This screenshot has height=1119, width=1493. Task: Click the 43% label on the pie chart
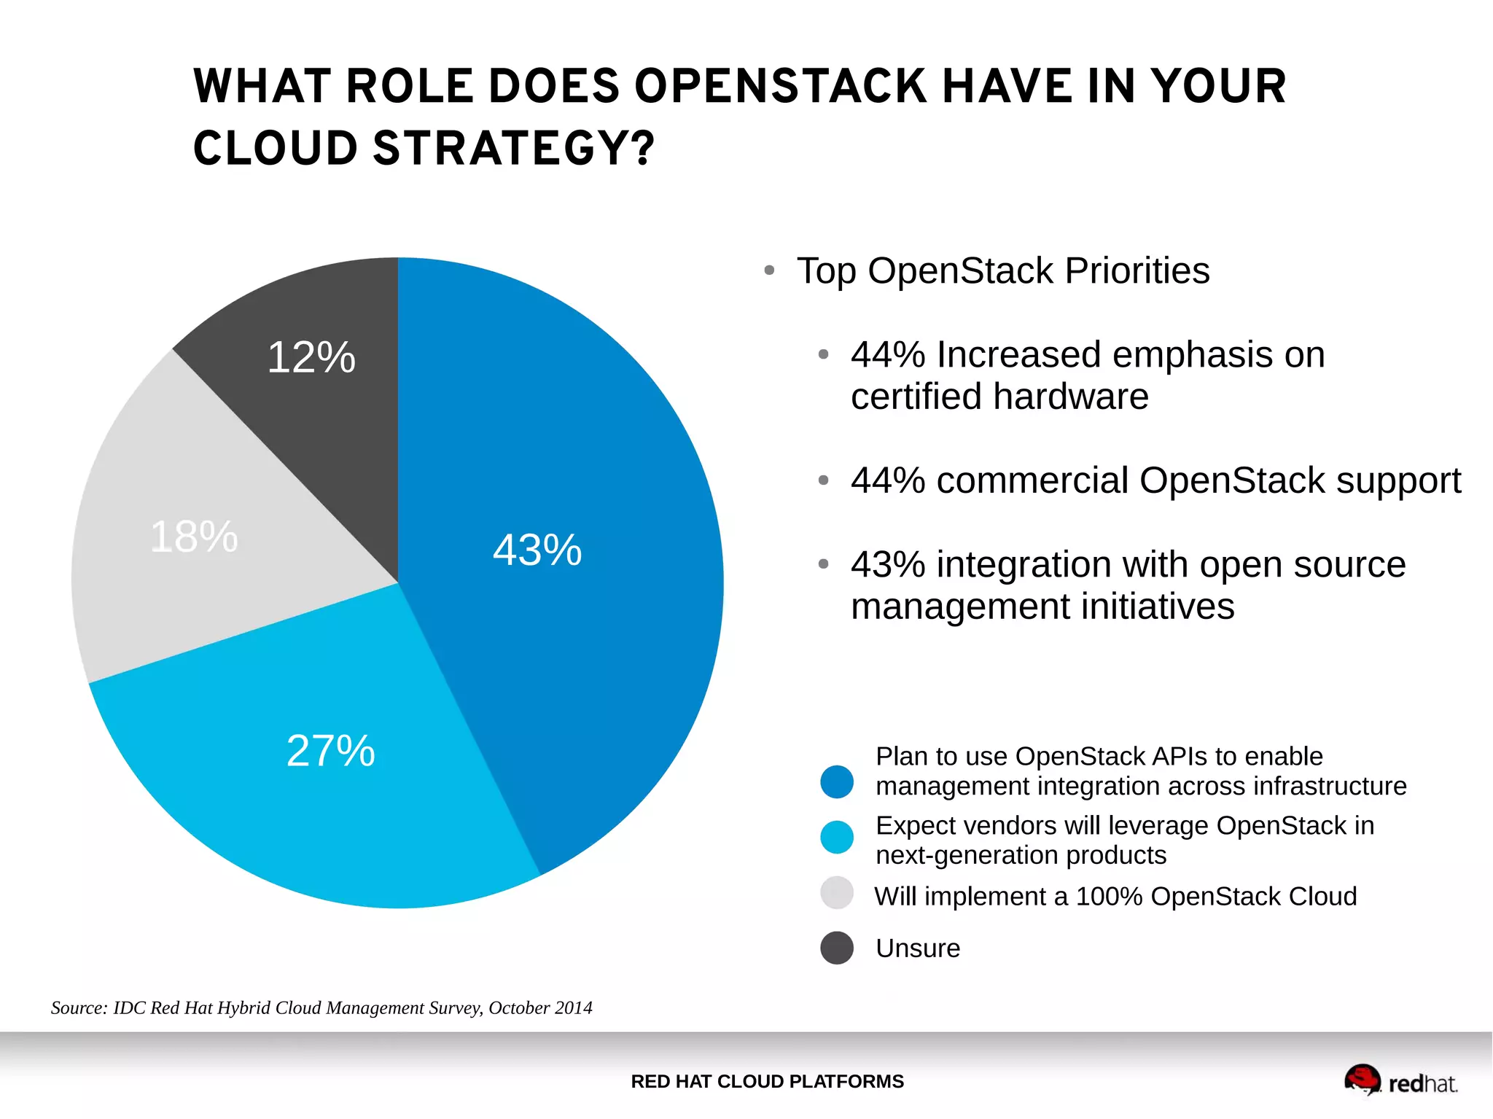pos(537,550)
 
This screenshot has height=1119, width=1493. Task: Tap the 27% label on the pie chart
pos(330,751)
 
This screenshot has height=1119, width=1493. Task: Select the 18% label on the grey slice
pos(194,537)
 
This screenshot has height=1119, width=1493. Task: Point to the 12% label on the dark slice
pos(311,357)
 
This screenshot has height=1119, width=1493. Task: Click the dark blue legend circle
pos(836,782)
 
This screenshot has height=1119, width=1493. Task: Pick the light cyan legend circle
pos(836,837)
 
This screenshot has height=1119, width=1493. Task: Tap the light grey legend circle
pos(836,893)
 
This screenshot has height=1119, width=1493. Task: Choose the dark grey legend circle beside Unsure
pos(836,948)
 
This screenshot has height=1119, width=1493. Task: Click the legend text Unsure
pos(917,948)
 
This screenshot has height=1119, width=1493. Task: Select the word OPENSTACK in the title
pos(780,87)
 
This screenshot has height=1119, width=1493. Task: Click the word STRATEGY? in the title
pos(514,149)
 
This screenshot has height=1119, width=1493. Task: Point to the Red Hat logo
pos(1400,1081)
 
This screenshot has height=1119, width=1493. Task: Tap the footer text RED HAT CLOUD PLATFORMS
pos(767,1081)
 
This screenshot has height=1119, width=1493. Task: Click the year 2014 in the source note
pos(573,1007)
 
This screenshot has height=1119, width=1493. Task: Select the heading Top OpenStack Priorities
pos(1002,270)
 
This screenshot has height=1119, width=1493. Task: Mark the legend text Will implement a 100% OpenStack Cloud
pos(1115,896)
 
